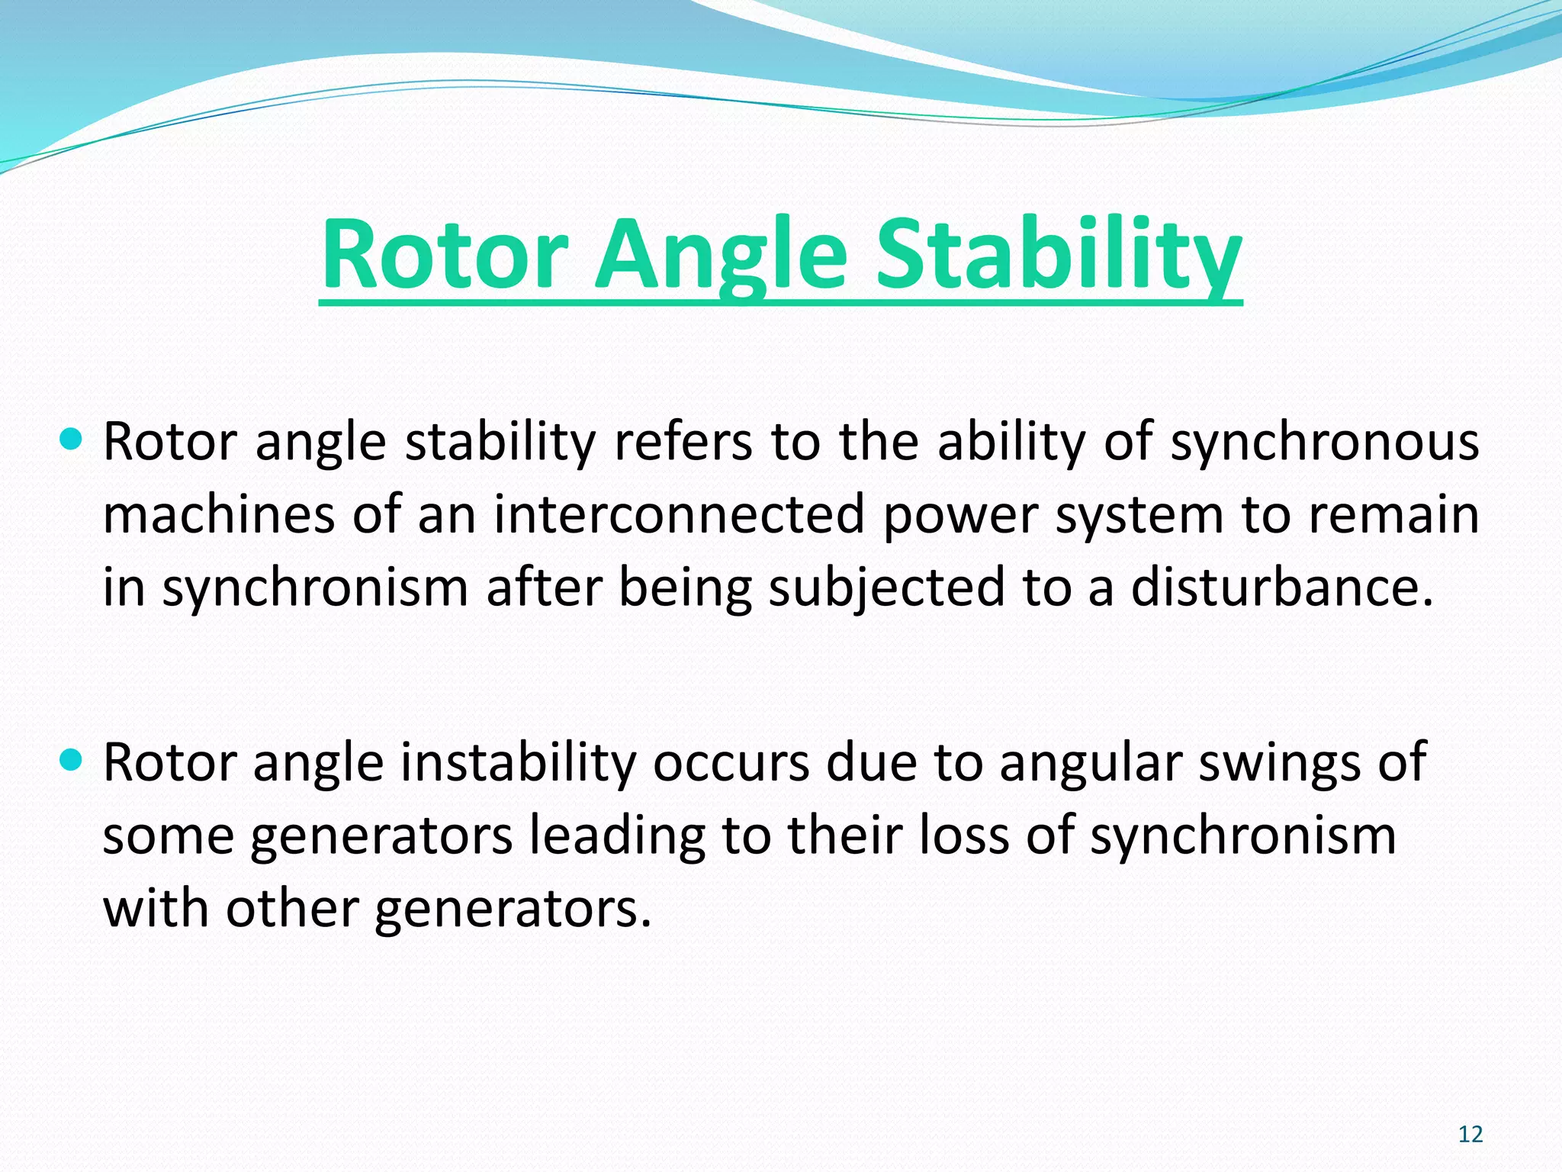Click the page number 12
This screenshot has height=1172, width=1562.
pos(1470,1135)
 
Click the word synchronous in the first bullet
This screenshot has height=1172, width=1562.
pos(1325,443)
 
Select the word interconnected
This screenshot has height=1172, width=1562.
pos(679,515)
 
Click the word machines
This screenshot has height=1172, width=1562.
pos(218,515)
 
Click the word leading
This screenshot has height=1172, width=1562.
pos(617,836)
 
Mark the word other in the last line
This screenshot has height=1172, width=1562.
pos(291,908)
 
